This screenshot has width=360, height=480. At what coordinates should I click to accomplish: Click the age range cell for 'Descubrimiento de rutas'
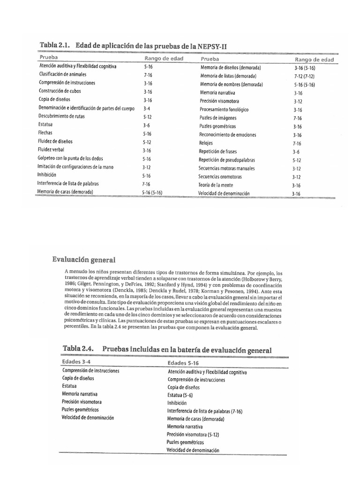pos(147,117)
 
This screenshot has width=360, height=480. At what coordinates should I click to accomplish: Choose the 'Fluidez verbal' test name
pos(51,150)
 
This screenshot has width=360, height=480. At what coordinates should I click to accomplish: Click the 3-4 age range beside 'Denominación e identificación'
pos(147,108)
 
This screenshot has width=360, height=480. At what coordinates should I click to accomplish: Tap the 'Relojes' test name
pos(206,143)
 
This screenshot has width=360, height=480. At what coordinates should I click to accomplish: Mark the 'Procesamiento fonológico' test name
pos(224,109)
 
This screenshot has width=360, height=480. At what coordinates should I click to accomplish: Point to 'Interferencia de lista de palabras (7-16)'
pos(210,411)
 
